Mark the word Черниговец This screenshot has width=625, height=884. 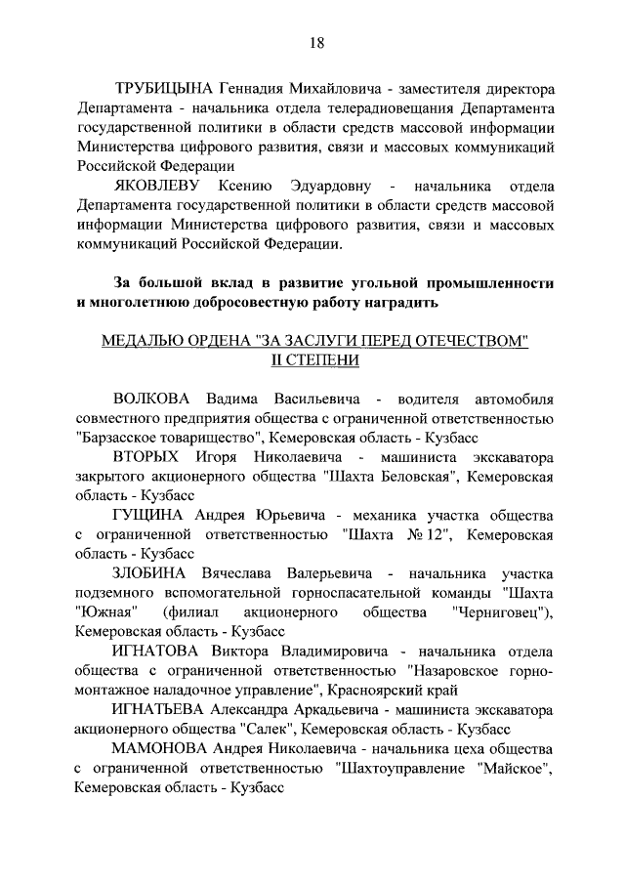coord(500,611)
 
